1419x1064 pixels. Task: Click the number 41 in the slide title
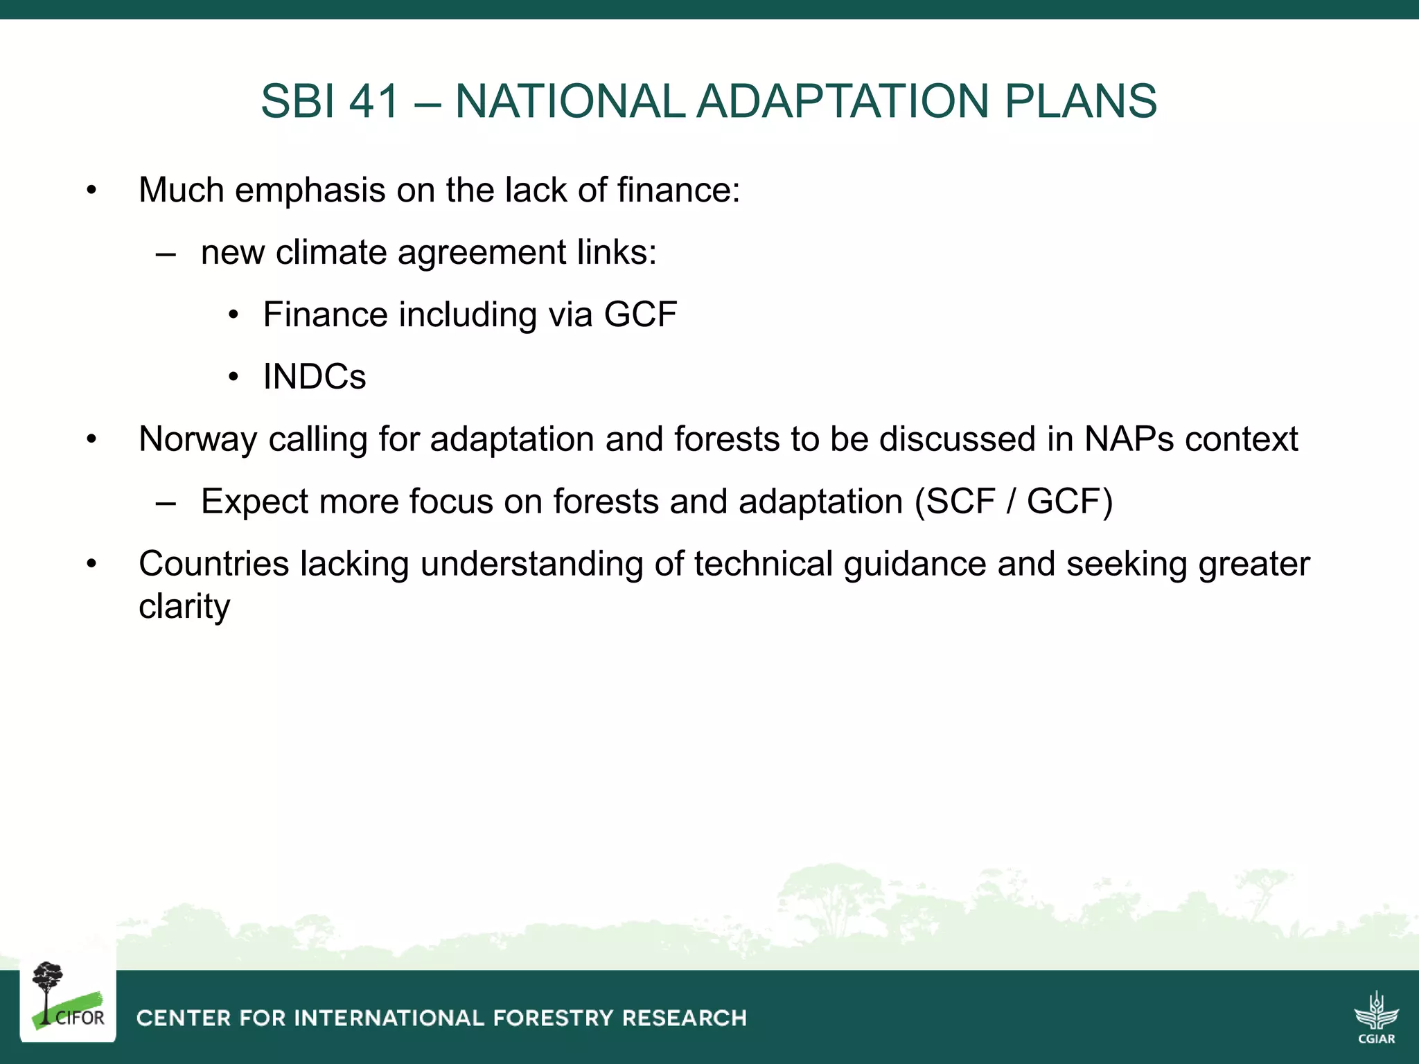374,101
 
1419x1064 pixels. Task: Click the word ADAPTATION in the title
842,101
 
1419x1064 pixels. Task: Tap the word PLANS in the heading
1080,101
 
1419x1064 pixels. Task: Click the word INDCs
314,377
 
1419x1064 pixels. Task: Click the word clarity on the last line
184,607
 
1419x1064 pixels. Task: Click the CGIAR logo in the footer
1376,1017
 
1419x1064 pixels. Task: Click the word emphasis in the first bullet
310,190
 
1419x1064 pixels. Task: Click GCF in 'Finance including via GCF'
640,314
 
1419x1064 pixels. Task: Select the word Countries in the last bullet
213,564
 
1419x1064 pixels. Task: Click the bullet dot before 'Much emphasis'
91,190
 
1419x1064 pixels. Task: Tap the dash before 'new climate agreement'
166,254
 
